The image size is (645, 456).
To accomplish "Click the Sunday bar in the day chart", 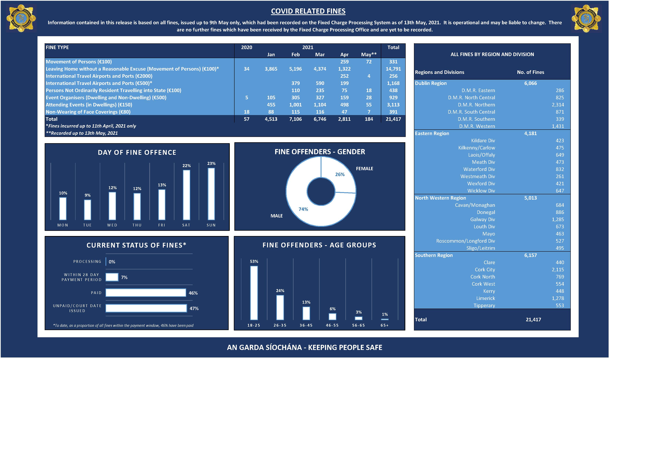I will click(x=211, y=194).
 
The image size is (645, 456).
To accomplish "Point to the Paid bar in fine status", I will click(x=146, y=293).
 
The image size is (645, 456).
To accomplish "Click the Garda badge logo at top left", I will click(x=21, y=18).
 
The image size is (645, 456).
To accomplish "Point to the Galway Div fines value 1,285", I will click(x=558, y=219).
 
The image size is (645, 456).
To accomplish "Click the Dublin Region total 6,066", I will click(x=530, y=83).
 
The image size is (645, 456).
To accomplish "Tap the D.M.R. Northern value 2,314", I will click(x=558, y=105).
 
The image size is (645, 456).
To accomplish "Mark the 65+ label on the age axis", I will click(x=385, y=325).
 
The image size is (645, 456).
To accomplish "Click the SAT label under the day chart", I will click(x=186, y=225).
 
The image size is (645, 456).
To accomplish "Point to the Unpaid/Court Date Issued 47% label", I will click(x=194, y=308).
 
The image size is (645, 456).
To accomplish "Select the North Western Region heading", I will click(x=440, y=198).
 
